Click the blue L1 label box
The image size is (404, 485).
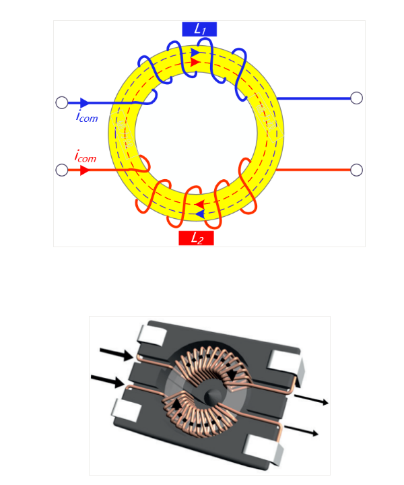(199, 29)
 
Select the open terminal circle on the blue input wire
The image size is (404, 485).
(61, 103)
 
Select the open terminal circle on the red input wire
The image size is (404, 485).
(61, 170)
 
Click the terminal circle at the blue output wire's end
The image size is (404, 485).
(357, 98)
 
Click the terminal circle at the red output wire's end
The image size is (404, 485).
(357, 169)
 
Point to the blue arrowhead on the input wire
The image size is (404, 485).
(85, 103)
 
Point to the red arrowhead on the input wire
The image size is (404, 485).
(85, 170)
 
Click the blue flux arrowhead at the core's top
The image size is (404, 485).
(195, 52)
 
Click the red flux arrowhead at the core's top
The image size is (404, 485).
(195, 62)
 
